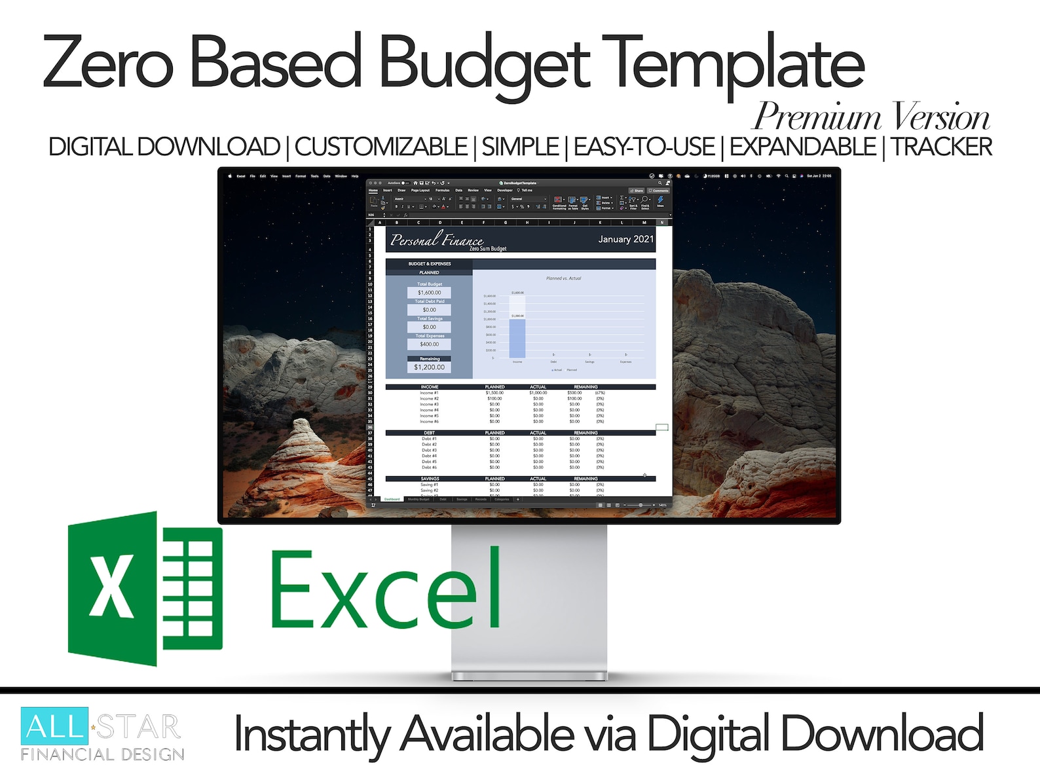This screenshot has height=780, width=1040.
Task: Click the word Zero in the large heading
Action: pos(108,64)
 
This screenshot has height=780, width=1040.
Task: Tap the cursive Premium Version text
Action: pos(871,118)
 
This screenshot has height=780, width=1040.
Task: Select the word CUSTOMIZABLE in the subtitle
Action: pos(381,147)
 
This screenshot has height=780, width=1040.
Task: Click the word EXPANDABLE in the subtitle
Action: pos(802,147)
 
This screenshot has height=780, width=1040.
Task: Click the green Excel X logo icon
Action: pos(144,587)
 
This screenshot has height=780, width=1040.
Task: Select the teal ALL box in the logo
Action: pos(54,726)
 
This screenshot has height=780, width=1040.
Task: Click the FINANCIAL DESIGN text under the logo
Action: pos(102,754)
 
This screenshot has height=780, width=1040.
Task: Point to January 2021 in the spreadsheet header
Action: pos(625,239)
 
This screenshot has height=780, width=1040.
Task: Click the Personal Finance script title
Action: pos(436,240)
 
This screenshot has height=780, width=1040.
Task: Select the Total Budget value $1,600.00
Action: pos(429,293)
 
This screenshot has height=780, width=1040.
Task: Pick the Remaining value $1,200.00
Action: pos(429,367)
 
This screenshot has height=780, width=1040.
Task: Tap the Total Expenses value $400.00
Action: pos(429,344)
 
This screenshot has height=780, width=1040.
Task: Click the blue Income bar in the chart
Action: pos(517,338)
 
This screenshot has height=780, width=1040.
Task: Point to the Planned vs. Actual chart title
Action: pos(563,278)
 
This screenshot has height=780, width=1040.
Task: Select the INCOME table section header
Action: pos(430,387)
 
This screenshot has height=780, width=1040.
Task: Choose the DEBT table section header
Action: pos(429,433)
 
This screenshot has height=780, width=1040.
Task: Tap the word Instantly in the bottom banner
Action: pos(311,735)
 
